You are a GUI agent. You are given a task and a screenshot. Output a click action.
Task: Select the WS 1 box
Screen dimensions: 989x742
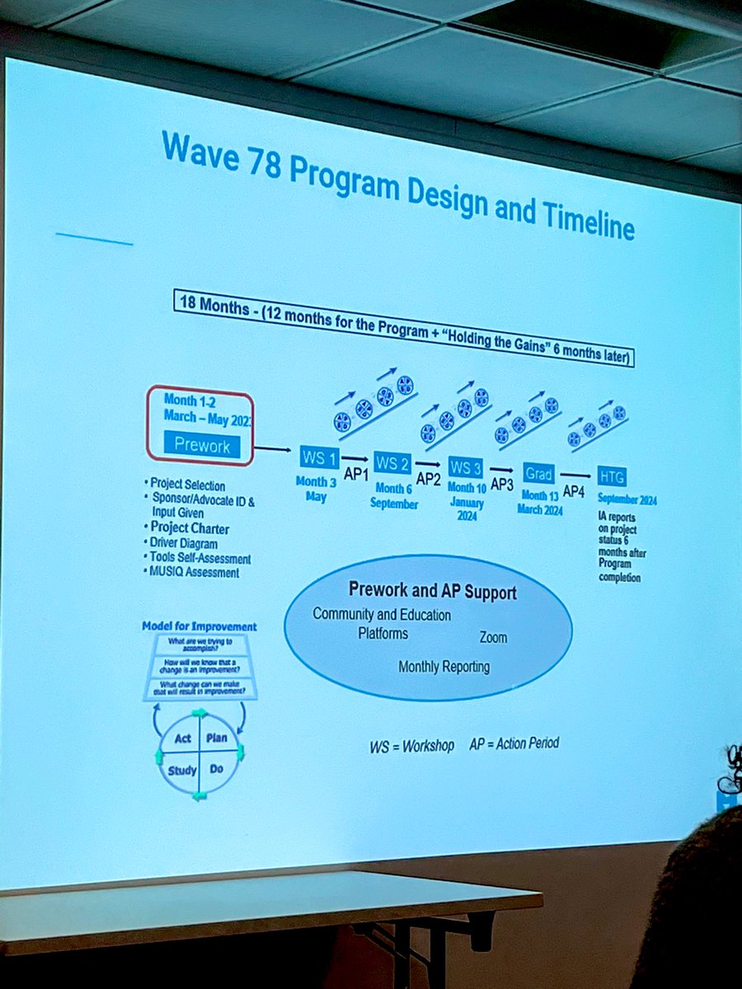[317, 457]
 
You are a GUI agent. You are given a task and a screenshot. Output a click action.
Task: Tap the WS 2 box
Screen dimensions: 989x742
[392, 462]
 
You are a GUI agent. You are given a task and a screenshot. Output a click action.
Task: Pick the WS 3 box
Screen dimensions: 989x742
[465, 468]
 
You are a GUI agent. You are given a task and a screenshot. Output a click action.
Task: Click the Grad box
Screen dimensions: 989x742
[538, 473]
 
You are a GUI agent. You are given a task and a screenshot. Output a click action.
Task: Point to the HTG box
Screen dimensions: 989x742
[613, 476]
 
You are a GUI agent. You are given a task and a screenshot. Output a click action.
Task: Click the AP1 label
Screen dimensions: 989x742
[355, 476]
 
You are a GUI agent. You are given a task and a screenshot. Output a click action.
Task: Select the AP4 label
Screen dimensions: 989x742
[574, 491]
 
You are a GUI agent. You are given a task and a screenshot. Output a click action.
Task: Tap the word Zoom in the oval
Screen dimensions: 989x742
[493, 637]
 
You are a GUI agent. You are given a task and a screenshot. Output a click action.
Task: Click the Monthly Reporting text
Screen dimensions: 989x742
[444, 667]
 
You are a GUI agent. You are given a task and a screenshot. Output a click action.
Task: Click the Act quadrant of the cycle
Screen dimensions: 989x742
[183, 738]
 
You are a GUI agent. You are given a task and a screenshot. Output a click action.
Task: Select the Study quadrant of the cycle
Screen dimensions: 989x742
[182, 771]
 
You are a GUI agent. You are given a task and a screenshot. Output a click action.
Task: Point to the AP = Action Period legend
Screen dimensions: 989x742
[514, 743]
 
